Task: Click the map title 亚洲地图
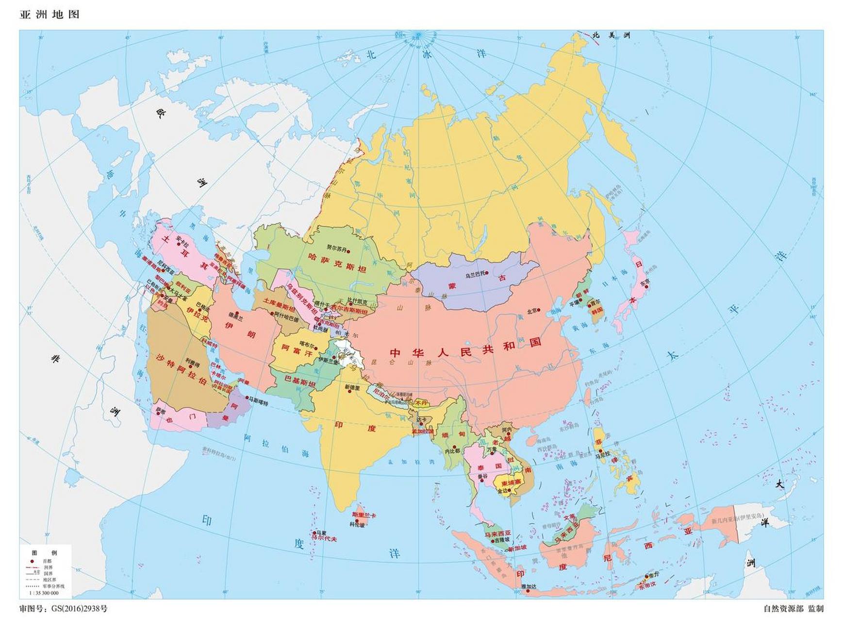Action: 49,15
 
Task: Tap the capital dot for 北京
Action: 539,311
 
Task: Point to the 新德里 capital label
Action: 352,387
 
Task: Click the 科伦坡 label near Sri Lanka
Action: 357,524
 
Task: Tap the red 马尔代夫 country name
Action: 324,539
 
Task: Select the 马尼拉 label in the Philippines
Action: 602,456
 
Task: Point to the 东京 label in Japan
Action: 645,282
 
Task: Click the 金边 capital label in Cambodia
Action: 502,491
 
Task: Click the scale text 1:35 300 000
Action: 44,593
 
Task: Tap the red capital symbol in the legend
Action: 32,561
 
